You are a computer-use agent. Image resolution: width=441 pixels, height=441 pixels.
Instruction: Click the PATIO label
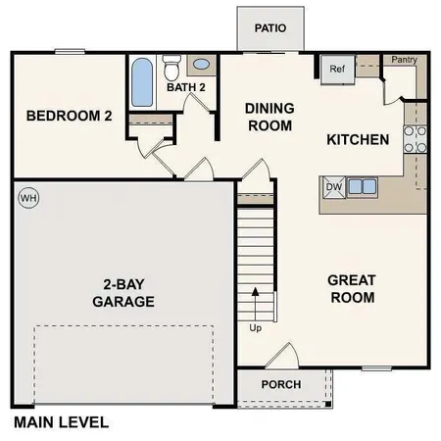pyautogui.click(x=269, y=28)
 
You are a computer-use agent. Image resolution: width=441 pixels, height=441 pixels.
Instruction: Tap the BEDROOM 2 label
pyautogui.click(x=69, y=117)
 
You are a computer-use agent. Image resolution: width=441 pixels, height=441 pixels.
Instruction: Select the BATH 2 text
pyautogui.click(x=184, y=87)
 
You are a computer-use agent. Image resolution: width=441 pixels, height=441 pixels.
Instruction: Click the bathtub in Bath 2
pyautogui.click(x=142, y=82)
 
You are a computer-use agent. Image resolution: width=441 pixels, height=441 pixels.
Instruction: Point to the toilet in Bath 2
pyautogui.click(x=171, y=68)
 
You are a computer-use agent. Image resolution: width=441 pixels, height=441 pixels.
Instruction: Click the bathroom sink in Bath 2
pyautogui.click(x=201, y=66)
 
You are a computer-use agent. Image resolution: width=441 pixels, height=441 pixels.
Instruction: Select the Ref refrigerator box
pyautogui.click(x=337, y=69)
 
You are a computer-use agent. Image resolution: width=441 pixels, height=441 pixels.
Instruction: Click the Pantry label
pyautogui.click(x=404, y=60)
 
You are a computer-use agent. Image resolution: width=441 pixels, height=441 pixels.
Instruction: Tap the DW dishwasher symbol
pyautogui.click(x=333, y=185)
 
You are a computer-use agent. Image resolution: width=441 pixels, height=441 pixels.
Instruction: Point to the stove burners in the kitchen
pyautogui.click(x=415, y=140)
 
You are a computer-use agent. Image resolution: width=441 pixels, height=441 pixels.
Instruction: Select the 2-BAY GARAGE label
pyautogui.click(x=123, y=293)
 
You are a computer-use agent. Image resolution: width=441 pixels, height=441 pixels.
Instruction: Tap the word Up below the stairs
pyautogui.click(x=257, y=327)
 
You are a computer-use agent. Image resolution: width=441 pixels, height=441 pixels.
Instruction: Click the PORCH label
pyautogui.click(x=281, y=384)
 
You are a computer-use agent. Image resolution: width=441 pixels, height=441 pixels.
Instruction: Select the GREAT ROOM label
pyautogui.click(x=352, y=288)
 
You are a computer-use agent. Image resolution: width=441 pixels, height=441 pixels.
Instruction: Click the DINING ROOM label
pyautogui.click(x=269, y=117)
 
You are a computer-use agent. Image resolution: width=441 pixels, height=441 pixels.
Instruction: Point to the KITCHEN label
pyautogui.click(x=358, y=140)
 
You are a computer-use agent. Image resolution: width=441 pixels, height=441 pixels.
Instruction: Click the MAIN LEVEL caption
pyautogui.click(x=61, y=423)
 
